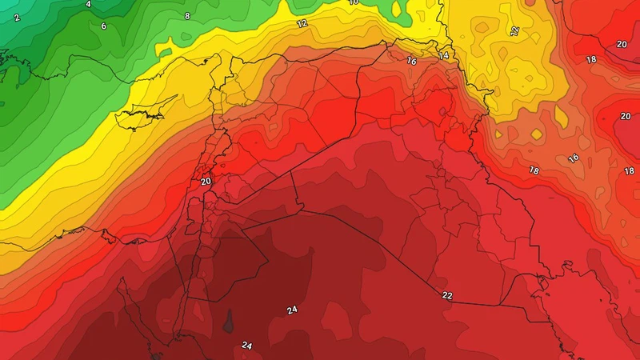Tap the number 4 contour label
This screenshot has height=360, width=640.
tap(88, 5)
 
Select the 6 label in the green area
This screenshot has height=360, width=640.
tap(103, 26)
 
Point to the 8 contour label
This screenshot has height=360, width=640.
tap(187, 16)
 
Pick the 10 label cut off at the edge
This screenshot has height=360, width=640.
tap(354, 2)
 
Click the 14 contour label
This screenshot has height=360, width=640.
tap(442, 56)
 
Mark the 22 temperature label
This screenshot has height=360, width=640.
tap(446, 295)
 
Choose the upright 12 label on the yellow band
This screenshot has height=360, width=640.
tap(302, 24)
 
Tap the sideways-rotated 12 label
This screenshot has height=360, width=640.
tap(514, 32)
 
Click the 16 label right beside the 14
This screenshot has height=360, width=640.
tap(412, 61)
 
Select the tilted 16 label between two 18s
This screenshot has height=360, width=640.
tap(573, 158)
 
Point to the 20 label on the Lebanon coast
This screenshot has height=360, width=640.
tap(206, 182)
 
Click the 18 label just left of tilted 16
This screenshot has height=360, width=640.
tap(534, 170)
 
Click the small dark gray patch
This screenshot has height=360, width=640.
tap(229, 321)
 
